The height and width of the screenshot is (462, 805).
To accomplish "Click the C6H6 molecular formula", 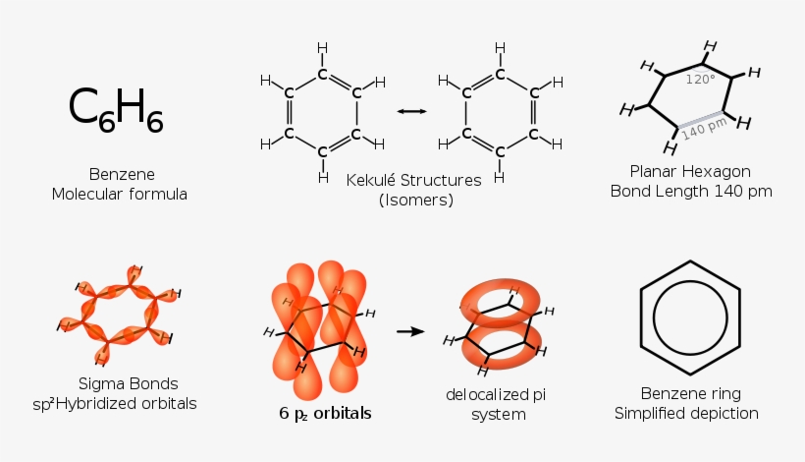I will pyautogui.click(x=116, y=108).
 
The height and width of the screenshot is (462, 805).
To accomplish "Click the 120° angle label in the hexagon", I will pyautogui.click(x=700, y=80).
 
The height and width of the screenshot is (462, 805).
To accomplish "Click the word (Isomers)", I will pyautogui.click(x=415, y=201).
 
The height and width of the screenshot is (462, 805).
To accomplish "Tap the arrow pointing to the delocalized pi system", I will pyautogui.click(x=410, y=331).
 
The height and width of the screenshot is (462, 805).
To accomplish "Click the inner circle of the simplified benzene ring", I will pyautogui.click(x=690, y=318).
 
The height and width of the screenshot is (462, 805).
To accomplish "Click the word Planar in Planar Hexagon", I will pyautogui.click(x=655, y=171).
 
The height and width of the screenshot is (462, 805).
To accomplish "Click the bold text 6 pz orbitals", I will pyautogui.click(x=325, y=413).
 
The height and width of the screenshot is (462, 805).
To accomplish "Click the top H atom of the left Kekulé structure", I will pyautogui.click(x=323, y=47).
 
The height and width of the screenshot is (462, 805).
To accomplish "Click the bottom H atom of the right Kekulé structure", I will pyautogui.click(x=500, y=178).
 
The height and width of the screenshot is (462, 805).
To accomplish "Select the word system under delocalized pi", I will pyautogui.click(x=500, y=415).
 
